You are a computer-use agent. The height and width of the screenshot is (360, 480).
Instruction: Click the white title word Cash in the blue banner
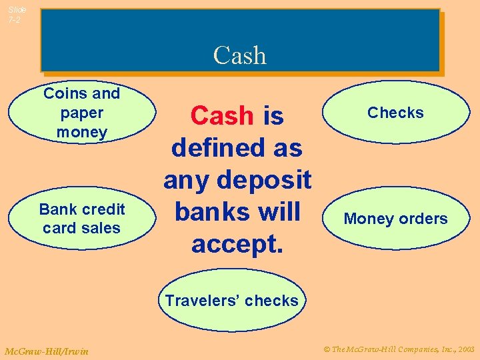[x=239, y=55]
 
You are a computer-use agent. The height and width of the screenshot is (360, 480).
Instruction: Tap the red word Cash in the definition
[x=221, y=116]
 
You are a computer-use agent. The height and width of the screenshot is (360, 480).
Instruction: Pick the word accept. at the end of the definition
[x=237, y=244]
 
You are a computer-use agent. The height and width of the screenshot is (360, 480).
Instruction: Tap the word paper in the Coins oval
[x=82, y=113]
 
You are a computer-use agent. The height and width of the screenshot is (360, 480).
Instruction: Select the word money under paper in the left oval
[x=82, y=132]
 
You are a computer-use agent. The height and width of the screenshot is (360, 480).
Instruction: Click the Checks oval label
[x=395, y=113]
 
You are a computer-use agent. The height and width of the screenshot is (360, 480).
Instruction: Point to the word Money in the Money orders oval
[x=367, y=219]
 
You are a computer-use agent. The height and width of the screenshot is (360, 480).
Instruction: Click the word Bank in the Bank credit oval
[x=57, y=209]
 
